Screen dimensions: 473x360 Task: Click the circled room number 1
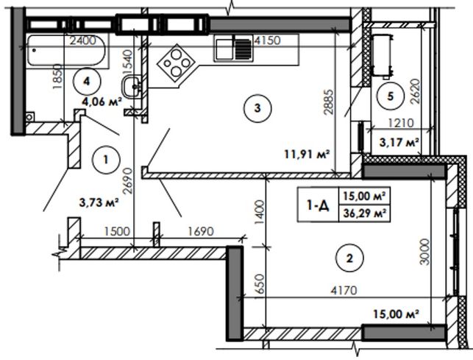(106, 160)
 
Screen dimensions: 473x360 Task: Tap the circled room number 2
(349, 258)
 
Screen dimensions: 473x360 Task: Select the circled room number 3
(257, 108)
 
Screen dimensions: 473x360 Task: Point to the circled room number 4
(87, 81)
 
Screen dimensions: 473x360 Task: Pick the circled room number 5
(391, 96)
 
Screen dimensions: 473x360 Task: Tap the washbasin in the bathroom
(132, 86)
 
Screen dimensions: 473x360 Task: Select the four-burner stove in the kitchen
(176, 63)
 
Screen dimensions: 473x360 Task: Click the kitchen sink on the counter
(234, 48)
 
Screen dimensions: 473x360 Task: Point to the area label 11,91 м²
(307, 155)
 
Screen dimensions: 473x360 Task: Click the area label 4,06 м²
(102, 102)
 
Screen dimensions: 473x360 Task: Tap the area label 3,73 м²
(98, 202)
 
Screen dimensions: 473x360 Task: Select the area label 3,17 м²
(399, 142)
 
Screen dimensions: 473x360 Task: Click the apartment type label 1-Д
(318, 205)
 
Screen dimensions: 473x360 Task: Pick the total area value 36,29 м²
(365, 213)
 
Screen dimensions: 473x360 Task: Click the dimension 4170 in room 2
(344, 291)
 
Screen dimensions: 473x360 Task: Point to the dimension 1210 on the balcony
(401, 123)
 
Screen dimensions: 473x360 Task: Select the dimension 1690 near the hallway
(201, 232)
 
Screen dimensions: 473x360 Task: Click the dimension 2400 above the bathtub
(82, 40)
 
